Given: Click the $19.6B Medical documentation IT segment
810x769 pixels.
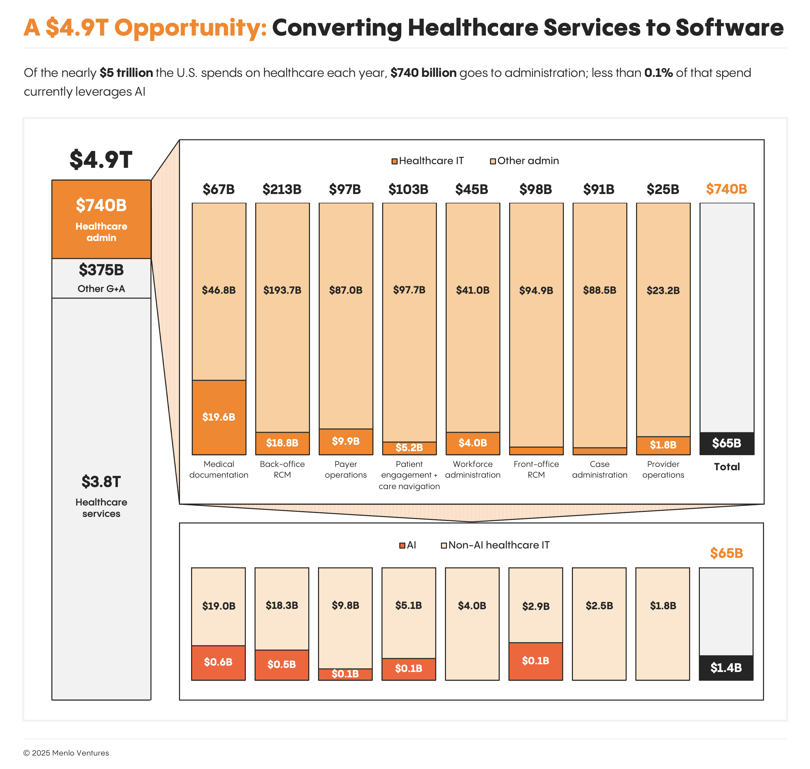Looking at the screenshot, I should (219, 417).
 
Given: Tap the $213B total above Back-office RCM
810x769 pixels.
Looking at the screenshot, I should (282, 189).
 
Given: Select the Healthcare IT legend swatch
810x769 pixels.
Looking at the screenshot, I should (394, 161).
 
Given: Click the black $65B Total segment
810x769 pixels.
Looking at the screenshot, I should (726, 443).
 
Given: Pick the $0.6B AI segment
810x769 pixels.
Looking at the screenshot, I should (218, 662).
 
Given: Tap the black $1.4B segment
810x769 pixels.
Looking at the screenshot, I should (726, 668).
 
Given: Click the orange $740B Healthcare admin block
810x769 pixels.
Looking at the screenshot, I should (101, 219).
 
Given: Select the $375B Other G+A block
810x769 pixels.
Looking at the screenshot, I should (101, 278).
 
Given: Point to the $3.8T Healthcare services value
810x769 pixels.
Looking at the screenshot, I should (101, 482).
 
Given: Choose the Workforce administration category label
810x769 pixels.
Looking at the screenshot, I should (473, 469).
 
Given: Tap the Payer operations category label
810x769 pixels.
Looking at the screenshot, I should (345, 469).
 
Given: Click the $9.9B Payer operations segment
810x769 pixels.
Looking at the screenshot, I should (345, 441).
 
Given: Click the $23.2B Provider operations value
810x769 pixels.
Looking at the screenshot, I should (663, 291).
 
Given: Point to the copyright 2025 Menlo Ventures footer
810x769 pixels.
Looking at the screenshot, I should (66, 753).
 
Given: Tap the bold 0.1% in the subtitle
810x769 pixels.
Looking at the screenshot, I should (658, 73).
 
